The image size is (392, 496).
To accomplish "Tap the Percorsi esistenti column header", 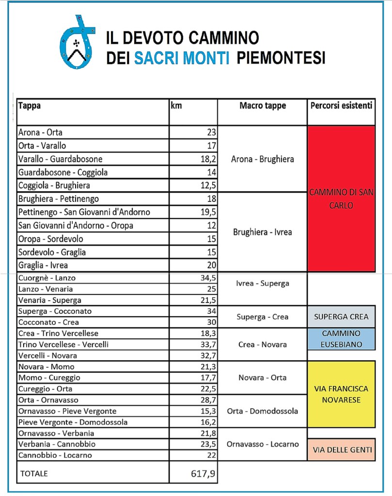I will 341,106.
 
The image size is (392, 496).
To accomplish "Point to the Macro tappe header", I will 263,106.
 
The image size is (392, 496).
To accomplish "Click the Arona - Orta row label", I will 40,132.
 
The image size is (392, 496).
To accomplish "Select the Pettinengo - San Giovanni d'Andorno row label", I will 84,212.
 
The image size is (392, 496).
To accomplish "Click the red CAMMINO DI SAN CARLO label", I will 341,199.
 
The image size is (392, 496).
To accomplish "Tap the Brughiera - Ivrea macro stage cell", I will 263,232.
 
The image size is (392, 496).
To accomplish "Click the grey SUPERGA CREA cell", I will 341,317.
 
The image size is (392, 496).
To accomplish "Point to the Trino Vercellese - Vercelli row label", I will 63,344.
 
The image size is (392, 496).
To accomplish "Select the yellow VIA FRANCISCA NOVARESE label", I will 341,394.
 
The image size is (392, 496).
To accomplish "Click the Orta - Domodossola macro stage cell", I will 263,411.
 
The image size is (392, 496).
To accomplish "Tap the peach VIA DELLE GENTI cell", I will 341,450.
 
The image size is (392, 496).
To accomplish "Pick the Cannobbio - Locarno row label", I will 55,455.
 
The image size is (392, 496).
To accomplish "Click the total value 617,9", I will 203,474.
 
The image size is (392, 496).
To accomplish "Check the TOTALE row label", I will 33,474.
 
